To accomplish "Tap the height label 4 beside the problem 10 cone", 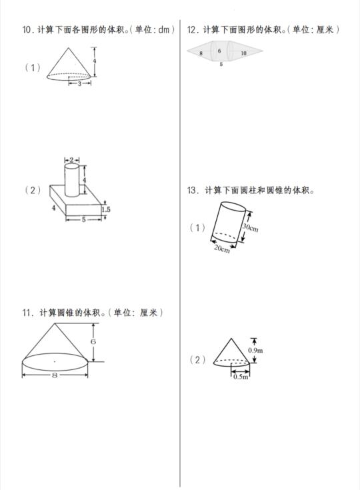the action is tap(95, 61).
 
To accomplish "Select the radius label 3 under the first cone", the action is tap(80, 83).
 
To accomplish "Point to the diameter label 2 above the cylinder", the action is tap(71, 160).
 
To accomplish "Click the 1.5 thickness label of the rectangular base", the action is tap(106, 209).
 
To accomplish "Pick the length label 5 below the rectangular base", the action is tap(84, 220).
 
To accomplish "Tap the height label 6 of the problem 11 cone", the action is tap(93, 341).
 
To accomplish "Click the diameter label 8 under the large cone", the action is tap(55, 375).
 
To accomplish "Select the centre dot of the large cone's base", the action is tap(55, 361).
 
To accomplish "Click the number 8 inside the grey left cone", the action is tap(201, 53).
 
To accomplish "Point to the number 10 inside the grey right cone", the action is tap(243, 53).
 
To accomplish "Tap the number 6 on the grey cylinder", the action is tap(219, 51).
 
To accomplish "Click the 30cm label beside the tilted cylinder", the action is tap(251, 227).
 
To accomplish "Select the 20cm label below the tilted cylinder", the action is tap(222, 249).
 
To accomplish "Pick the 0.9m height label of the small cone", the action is tap(255, 350).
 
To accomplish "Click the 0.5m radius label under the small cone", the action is tap(241, 377).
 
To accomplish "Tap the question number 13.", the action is tap(193, 190).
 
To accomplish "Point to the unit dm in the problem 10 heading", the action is tap(164, 30).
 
